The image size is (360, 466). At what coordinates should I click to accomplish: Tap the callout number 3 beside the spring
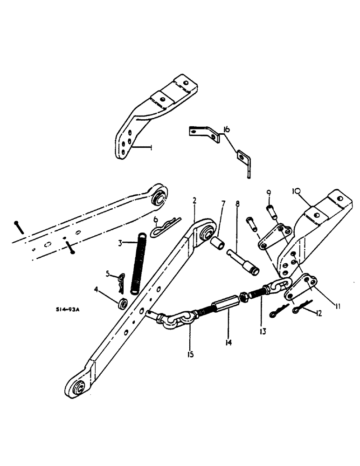121,243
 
